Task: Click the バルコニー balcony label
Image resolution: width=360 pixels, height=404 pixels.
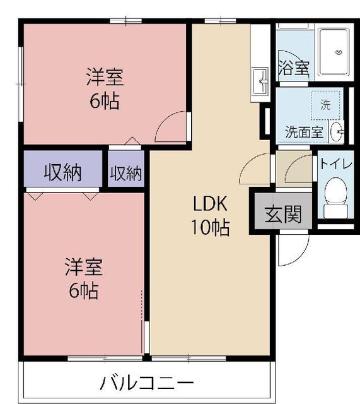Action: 147,383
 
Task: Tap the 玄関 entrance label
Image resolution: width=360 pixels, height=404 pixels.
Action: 282,215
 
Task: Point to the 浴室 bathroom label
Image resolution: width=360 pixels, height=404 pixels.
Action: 294,68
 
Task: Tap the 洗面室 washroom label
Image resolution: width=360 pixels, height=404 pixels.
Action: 305,132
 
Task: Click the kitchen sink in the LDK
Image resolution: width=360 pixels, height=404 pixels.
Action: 259,81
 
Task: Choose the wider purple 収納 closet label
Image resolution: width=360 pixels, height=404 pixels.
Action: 62,172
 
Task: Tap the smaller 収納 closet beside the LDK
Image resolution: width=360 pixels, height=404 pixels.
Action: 126,173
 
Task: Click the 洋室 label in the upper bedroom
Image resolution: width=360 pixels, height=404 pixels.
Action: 105,78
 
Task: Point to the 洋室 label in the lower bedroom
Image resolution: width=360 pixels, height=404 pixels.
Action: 83,268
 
